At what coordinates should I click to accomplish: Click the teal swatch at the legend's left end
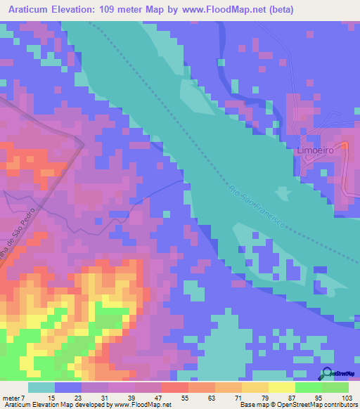(41, 387)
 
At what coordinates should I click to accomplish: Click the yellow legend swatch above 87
(281, 387)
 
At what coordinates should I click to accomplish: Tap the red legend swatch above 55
(175, 387)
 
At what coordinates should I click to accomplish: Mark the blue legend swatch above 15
(68, 387)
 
